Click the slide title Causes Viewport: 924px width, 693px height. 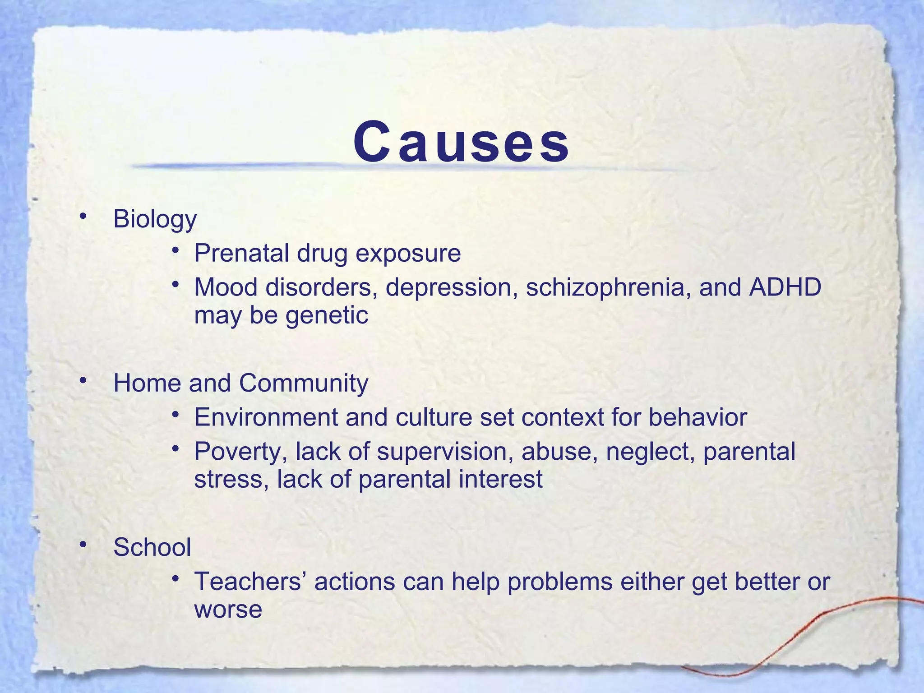461,143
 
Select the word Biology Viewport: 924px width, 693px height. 155,219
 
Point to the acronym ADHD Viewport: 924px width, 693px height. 785,287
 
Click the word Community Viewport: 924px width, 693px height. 303,383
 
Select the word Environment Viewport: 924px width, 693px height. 266,417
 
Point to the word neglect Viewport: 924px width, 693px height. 650,452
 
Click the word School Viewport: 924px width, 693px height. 152,547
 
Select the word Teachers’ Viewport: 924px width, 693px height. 250,581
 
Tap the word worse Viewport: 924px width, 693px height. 228,609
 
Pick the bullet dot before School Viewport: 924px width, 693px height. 82,545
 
